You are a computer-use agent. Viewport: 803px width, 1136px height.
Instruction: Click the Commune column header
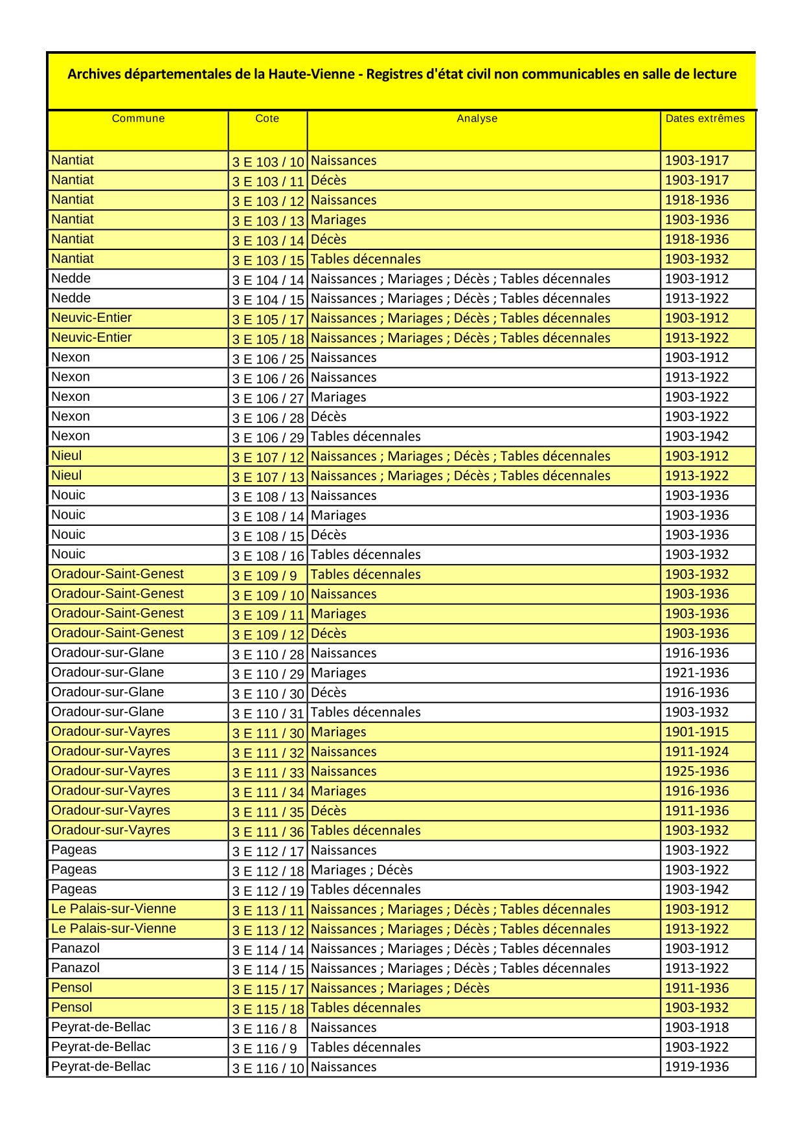pyautogui.click(x=138, y=119)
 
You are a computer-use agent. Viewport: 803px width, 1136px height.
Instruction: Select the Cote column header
pyautogui.click(x=267, y=119)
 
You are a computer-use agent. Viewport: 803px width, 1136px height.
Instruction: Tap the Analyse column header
pyautogui.click(x=477, y=119)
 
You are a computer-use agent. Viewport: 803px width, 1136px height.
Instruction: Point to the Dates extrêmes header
pyautogui.click(x=705, y=119)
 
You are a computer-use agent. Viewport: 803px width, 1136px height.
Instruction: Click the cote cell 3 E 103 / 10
pyautogui.click(x=267, y=162)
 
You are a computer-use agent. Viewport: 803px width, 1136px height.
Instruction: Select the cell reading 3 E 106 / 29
pyautogui.click(x=267, y=438)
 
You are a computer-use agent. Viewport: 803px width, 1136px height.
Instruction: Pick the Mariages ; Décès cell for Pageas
pyautogui.click(x=361, y=870)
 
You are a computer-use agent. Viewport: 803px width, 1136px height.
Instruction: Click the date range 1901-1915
pyautogui.click(x=696, y=732)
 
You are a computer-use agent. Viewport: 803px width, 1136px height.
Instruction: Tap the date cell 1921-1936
pyautogui.click(x=696, y=673)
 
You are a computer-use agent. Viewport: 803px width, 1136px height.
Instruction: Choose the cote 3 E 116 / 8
pyautogui.click(x=264, y=1028)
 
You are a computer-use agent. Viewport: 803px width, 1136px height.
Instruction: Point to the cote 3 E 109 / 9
pyautogui.click(x=264, y=575)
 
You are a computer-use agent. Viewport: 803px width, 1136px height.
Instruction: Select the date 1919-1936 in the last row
pyautogui.click(x=696, y=1067)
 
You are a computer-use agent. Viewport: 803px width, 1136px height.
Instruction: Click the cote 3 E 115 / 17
pyautogui.click(x=267, y=989)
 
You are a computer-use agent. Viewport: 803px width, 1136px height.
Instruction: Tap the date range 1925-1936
pyautogui.click(x=696, y=771)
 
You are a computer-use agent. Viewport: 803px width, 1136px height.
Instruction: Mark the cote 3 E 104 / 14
pyautogui.click(x=267, y=280)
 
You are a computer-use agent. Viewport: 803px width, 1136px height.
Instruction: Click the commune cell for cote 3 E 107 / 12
pyautogui.click(x=67, y=456)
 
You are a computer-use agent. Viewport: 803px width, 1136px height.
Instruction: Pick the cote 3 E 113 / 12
pyautogui.click(x=267, y=930)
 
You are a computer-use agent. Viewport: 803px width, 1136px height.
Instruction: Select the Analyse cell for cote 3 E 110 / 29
pyautogui.click(x=338, y=673)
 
